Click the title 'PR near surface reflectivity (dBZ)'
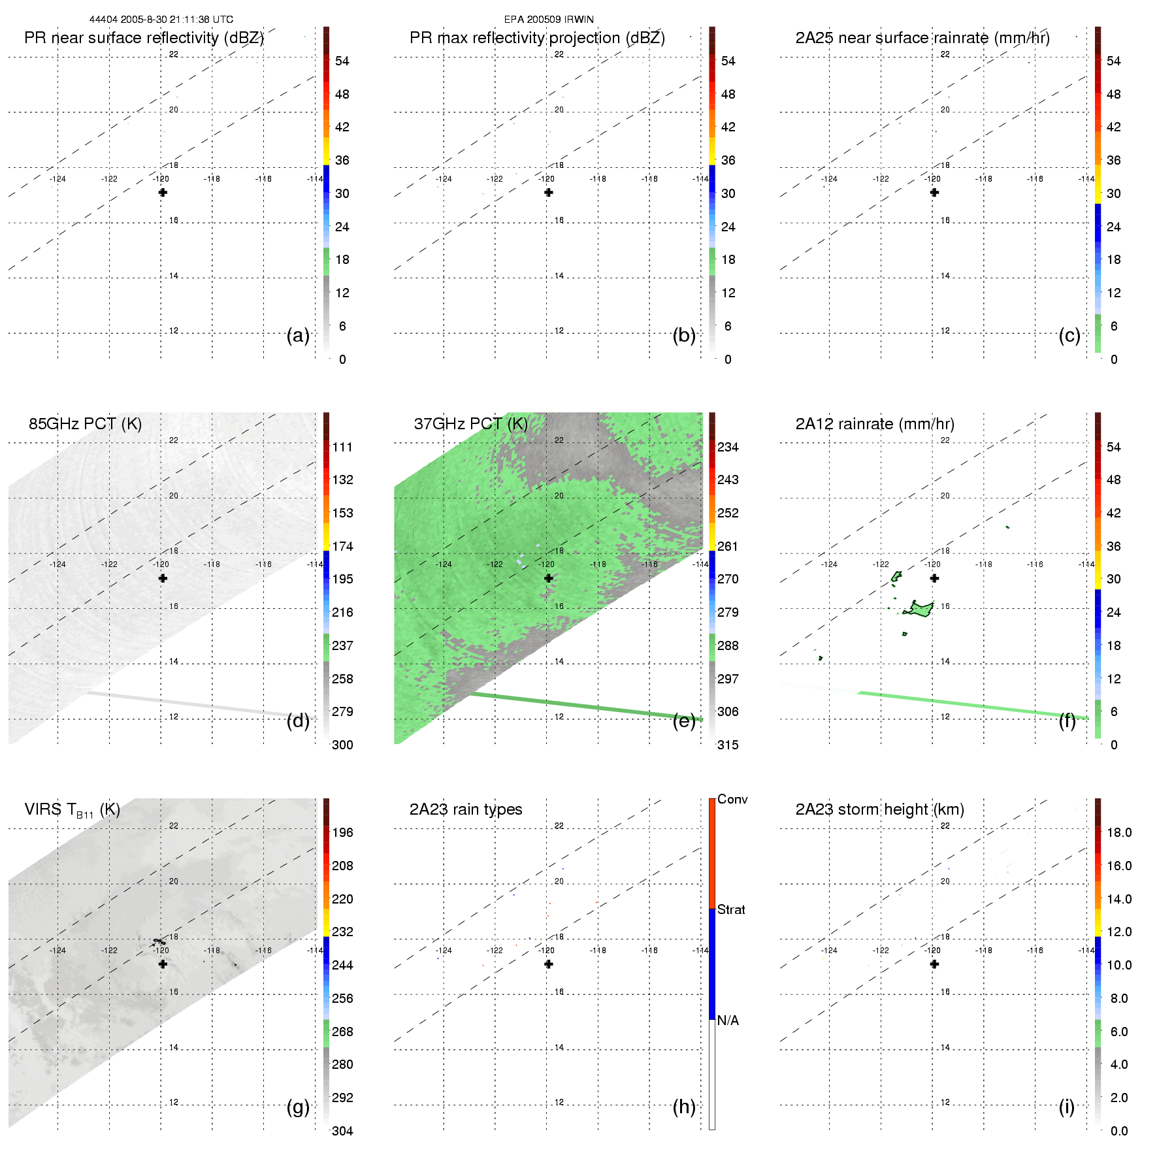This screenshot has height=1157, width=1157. [144, 38]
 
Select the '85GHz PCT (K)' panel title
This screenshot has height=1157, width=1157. [85, 424]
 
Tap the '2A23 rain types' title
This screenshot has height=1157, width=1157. [466, 809]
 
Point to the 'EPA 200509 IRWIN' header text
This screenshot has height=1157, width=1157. [549, 20]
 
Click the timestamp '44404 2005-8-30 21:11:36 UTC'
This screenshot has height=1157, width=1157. [161, 20]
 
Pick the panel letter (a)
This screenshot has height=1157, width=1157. [298, 336]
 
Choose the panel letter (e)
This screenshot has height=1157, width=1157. [684, 721]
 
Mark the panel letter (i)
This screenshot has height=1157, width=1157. [1067, 1107]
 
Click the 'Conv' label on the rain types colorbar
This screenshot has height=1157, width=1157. [732, 800]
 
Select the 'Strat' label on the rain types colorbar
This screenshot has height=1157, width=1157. [731, 910]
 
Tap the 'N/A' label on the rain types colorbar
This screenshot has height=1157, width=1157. [728, 1020]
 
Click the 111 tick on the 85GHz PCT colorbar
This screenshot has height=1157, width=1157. [342, 448]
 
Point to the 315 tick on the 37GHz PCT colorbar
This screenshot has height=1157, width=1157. [728, 745]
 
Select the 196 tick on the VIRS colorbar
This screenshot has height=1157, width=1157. [342, 833]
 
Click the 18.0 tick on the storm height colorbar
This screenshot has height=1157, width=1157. [1119, 833]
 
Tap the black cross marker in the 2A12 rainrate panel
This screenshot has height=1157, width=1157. [934, 578]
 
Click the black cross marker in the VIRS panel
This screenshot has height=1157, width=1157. [163, 964]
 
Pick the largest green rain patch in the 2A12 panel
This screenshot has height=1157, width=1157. [921, 610]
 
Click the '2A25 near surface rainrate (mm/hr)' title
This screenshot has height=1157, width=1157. [922, 38]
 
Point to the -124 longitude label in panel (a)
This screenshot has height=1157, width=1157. [57, 179]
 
